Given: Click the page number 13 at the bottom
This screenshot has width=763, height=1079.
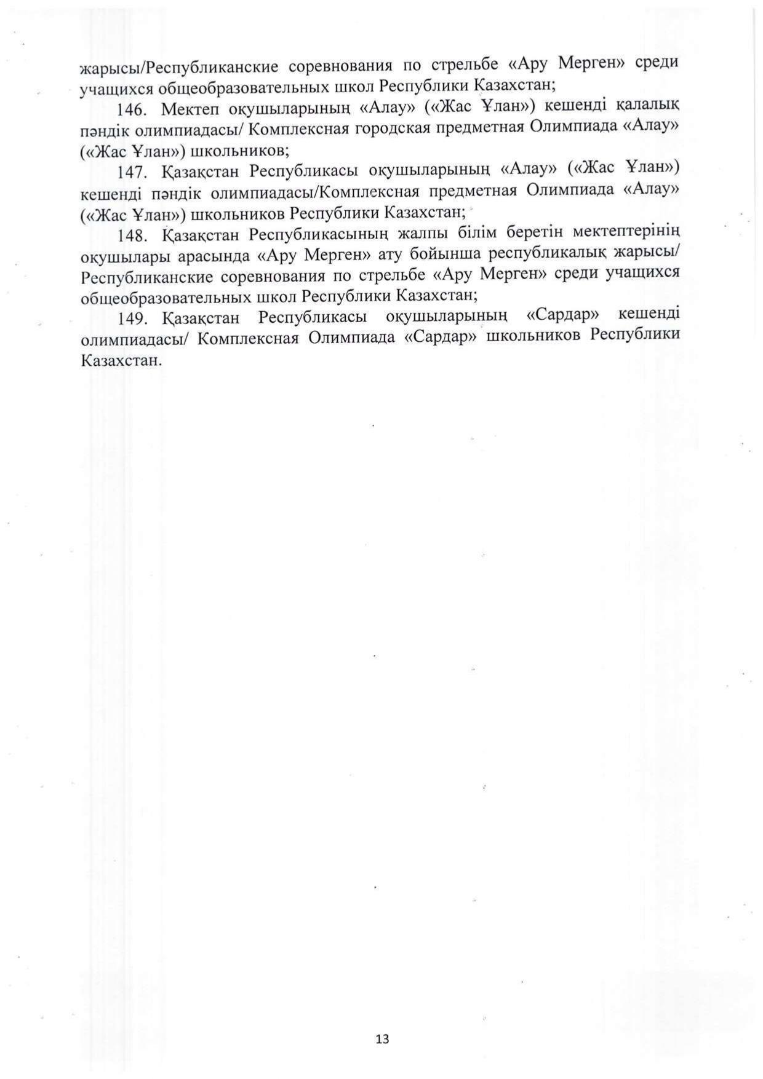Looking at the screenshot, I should pos(381,1039).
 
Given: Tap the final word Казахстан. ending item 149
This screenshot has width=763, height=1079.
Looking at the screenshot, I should pos(121,360).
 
